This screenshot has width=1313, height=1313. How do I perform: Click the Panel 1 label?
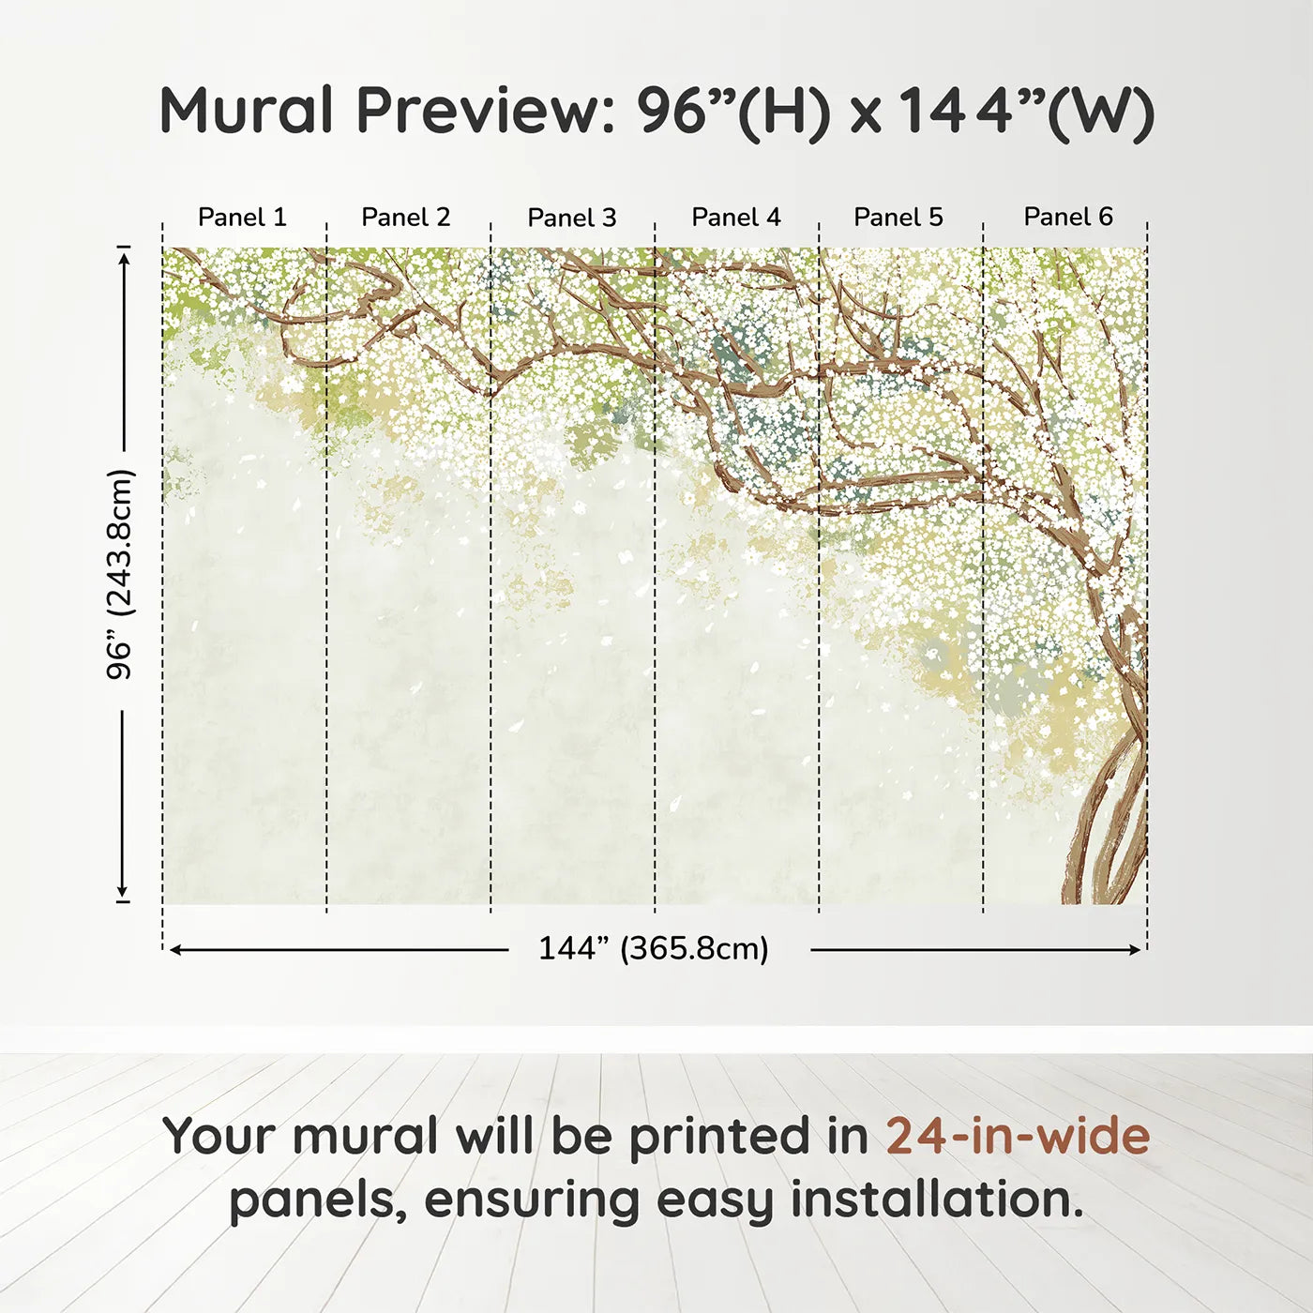[242, 218]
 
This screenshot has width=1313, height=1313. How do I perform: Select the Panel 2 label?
[406, 218]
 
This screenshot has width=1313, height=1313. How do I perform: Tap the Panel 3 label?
[572, 218]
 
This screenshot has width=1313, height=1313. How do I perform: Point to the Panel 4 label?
[736, 218]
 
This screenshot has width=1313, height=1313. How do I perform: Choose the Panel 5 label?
[898, 218]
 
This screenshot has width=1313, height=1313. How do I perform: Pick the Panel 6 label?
[1067, 217]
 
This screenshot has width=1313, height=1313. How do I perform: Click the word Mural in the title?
[246, 110]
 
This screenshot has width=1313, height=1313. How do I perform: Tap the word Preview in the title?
[487, 110]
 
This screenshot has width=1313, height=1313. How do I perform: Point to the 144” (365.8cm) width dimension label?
[654, 948]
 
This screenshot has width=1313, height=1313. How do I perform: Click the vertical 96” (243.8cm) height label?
[120, 574]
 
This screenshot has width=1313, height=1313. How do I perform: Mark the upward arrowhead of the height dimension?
[123, 258]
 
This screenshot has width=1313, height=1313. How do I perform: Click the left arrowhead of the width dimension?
[174, 949]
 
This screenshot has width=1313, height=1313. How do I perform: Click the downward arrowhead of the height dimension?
[123, 891]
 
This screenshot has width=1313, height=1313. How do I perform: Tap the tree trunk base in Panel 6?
[1097, 876]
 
